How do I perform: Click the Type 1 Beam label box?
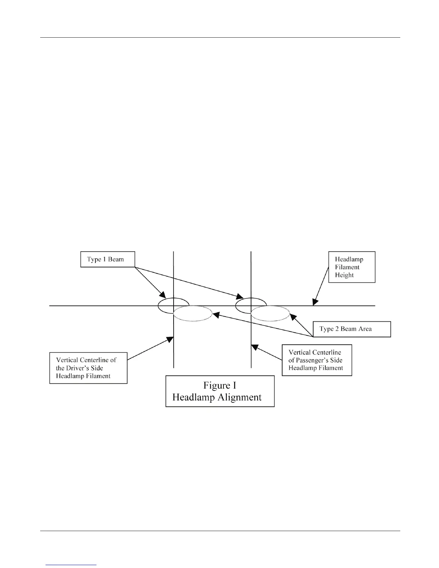[x=107, y=259]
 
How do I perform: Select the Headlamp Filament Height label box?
[x=351, y=267]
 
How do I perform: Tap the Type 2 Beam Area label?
[x=351, y=329]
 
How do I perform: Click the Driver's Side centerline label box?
[x=88, y=368]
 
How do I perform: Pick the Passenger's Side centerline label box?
[x=317, y=360]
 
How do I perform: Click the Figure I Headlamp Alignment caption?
[x=220, y=391]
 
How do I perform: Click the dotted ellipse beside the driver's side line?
[x=193, y=313]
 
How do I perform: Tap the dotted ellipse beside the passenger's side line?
[x=270, y=313]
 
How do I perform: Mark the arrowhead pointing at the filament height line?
[x=315, y=302]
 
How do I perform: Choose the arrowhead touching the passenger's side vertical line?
[x=254, y=347]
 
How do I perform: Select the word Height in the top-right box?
[x=344, y=275]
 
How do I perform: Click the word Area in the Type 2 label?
[x=364, y=329]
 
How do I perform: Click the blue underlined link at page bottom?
[x=71, y=565]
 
